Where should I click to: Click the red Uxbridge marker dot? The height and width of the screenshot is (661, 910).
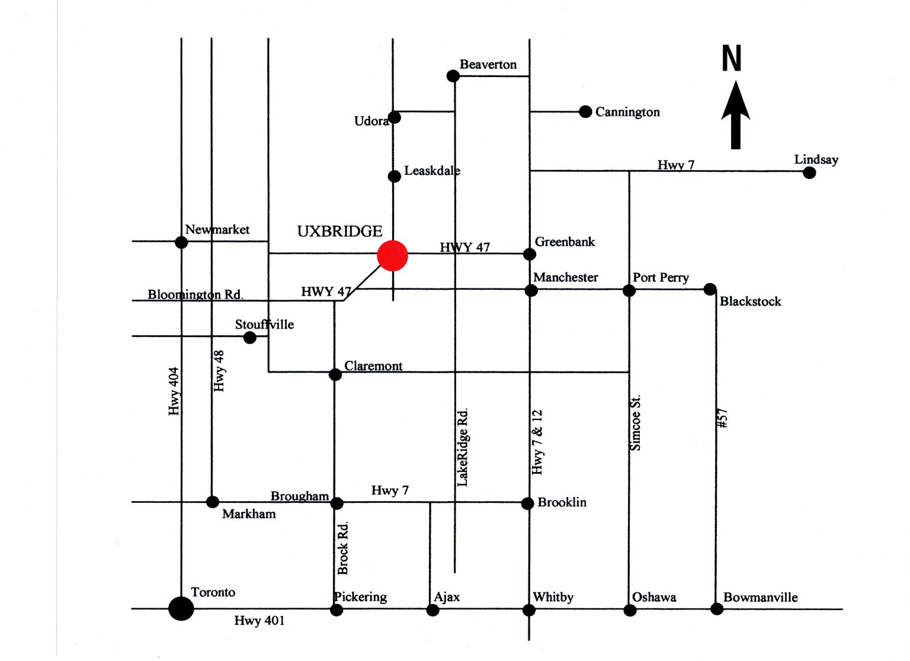point(392,256)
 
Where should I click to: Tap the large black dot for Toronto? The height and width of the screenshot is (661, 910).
point(181,608)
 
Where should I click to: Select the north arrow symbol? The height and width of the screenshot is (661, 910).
point(735,115)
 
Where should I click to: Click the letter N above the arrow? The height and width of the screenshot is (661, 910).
point(732,59)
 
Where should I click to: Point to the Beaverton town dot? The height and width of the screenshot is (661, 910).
point(453,76)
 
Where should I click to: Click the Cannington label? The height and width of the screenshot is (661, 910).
point(627,112)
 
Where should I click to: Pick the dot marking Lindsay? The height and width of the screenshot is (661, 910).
point(809,173)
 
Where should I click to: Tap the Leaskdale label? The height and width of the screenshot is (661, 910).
point(432,171)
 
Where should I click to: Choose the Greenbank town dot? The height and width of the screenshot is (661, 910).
point(530,254)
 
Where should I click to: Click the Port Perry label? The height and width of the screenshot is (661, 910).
point(661,277)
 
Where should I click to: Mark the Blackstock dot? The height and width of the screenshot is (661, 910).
point(710,289)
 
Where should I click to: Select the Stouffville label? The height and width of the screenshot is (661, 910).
point(264,324)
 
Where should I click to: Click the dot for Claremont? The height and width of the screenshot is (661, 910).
point(335,374)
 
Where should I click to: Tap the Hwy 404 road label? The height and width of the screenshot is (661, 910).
point(174,391)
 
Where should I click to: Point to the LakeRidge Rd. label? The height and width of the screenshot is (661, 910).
point(463,447)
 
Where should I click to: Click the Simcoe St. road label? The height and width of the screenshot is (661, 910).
point(635,423)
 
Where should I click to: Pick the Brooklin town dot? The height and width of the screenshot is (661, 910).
point(527,503)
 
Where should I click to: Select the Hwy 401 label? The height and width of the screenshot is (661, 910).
point(259,620)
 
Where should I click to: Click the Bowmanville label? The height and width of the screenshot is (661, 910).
point(760,597)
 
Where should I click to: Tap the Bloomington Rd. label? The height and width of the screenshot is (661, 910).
point(196,294)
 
